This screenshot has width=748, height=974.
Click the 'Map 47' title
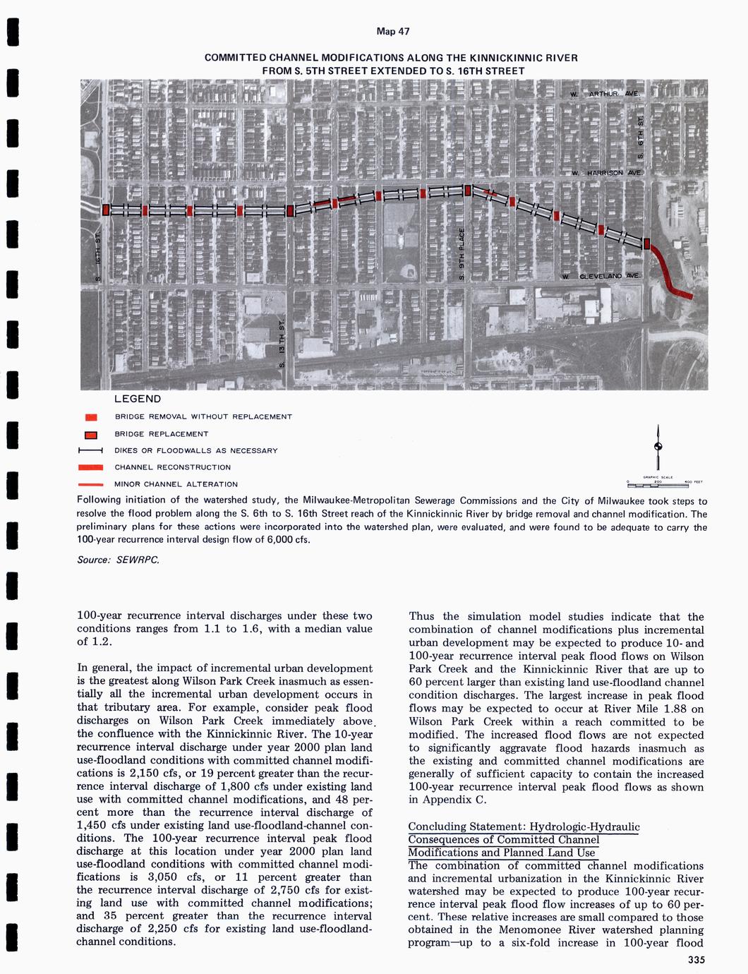393,32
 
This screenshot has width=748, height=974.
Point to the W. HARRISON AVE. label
607,173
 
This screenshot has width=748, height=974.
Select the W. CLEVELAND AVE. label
601,276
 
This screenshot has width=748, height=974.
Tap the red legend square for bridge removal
91,417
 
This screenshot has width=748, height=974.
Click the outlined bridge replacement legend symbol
91,434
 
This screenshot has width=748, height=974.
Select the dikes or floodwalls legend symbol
91,451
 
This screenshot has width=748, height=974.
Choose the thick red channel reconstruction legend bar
91,467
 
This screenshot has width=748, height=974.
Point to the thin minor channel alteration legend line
91,485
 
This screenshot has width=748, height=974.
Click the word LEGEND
138,399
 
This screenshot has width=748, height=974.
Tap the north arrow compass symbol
658,446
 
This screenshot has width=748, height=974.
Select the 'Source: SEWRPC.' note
118,560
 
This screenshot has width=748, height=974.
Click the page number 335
696,959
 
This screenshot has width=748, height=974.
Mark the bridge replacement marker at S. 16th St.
106,210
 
